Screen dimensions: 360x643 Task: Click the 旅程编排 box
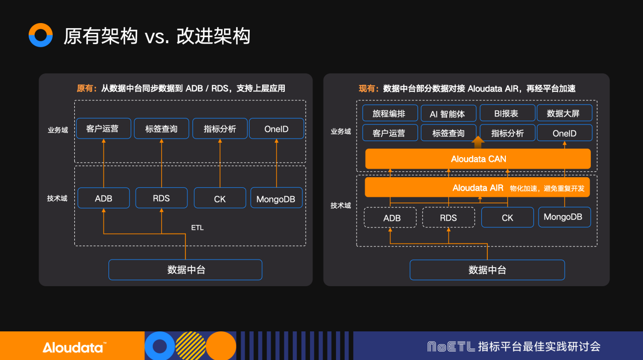[x=390, y=113]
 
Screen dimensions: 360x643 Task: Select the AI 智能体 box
[x=447, y=113]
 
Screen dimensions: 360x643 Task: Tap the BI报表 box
[x=506, y=113]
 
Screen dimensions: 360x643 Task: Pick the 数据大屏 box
[x=564, y=113]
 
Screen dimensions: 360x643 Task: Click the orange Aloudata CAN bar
[x=478, y=159]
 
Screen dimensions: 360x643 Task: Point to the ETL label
[x=197, y=227]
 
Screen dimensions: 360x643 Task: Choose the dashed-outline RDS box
[x=448, y=217]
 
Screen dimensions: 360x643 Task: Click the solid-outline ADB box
[x=104, y=198]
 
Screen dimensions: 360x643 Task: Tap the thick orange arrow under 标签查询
[x=478, y=143]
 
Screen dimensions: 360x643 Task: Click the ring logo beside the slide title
[x=41, y=35]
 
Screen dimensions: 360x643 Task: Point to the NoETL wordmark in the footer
[x=451, y=346]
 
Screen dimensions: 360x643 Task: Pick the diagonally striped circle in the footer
[x=190, y=346]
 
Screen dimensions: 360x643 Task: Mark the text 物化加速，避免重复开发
[x=547, y=188]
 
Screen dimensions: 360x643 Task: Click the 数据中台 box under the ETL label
[x=185, y=270]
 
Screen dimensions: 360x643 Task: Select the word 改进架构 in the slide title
[x=213, y=36]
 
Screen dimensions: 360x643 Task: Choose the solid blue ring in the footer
[x=160, y=346]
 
